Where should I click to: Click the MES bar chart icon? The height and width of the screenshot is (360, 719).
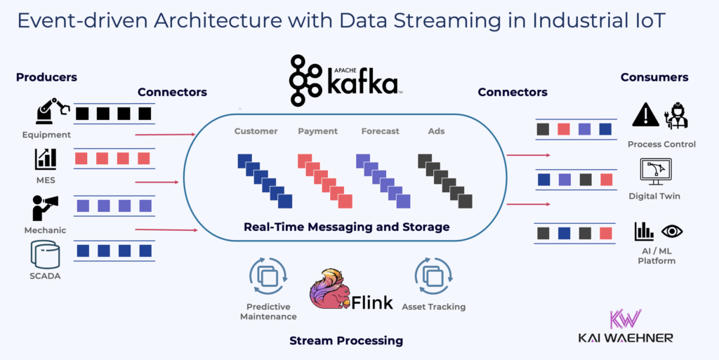point(46,159)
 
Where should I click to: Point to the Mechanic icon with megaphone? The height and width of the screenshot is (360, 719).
point(45,208)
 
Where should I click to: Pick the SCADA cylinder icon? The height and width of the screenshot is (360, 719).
point(45,254)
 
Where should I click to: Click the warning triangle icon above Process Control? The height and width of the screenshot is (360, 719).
point(645,115)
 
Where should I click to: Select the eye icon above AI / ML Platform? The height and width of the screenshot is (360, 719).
point(672,231)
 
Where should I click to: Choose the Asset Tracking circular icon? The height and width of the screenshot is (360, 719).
point(433,276)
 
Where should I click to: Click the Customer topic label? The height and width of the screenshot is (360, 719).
point(256,131)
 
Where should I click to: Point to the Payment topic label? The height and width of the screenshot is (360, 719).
point(317,131)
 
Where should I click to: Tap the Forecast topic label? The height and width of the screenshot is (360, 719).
point(380,131)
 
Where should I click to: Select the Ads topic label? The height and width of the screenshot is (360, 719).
point(436,131)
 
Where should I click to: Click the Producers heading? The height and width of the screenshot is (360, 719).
point(46,77)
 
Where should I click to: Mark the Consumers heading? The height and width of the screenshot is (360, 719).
point(654,77)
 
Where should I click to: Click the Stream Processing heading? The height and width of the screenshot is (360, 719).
point(346,341)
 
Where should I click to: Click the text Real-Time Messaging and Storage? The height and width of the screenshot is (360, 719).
point(346,227)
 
